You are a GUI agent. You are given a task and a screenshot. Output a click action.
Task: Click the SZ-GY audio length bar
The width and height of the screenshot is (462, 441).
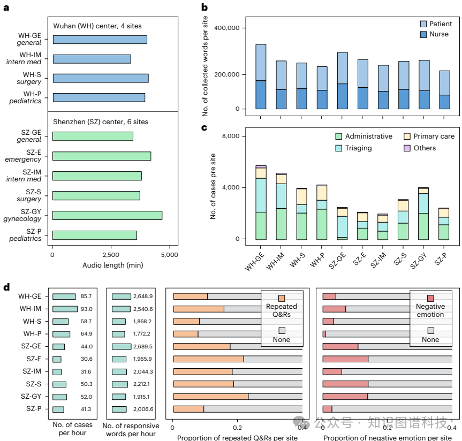pos(107,215)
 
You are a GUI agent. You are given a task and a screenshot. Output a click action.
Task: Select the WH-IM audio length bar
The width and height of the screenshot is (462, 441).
pos(92,59)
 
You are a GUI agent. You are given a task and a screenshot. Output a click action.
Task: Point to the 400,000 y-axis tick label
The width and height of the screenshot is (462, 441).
pos(230,28)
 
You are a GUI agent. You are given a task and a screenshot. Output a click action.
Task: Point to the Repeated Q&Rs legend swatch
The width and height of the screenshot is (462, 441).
pos(282,299)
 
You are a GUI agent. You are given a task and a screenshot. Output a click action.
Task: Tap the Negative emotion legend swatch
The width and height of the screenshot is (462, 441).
pos(430,299)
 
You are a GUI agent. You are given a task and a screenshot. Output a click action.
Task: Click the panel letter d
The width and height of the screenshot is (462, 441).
pos(6,287)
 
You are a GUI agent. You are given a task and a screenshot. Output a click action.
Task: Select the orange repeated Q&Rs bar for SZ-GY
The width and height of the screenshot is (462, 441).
pos(211,397)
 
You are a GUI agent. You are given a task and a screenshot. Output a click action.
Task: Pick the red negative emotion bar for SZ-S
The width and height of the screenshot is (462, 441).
pos(345,384)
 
